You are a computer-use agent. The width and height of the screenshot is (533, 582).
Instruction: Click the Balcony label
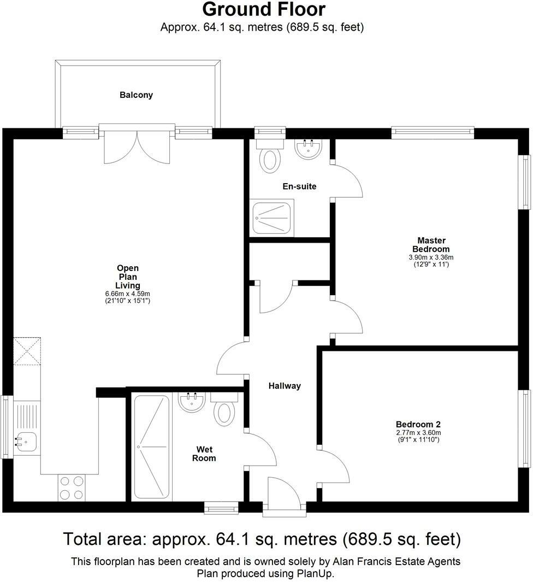136,95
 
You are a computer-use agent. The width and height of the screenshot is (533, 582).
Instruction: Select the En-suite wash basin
309,149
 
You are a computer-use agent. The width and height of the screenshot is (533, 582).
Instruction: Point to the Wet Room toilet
224,411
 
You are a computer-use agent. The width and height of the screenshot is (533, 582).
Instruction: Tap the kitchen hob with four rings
72,488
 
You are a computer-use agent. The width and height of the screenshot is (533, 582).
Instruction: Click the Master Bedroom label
431,245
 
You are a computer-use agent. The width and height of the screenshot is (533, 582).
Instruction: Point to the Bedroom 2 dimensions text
418,436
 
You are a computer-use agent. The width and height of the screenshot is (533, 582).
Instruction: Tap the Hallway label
285,386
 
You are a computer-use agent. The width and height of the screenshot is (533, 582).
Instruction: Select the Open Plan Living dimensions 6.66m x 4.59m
128,293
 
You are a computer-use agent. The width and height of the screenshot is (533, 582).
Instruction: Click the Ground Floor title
264,10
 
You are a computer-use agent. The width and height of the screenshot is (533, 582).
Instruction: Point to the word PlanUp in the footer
315,574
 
